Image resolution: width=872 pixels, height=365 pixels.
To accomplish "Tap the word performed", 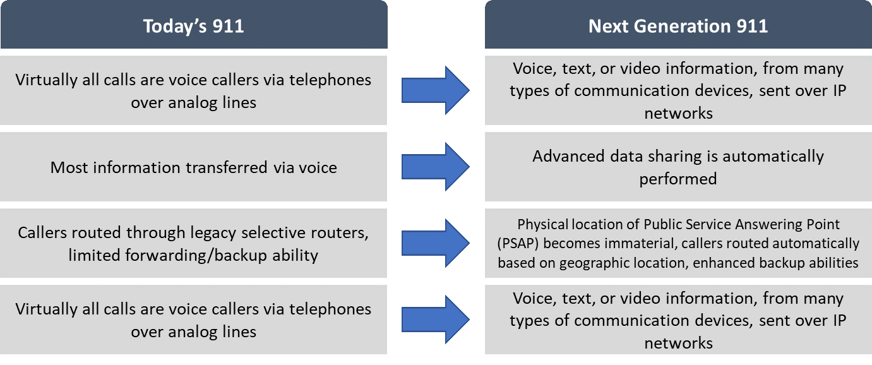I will [x=678, y=179].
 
